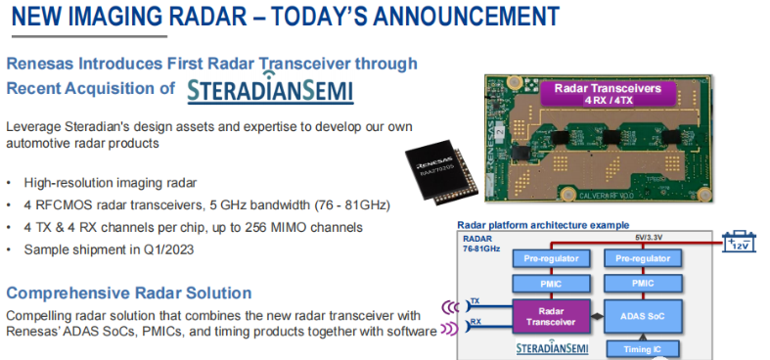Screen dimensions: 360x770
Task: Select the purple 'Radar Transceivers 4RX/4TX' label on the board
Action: pos(608,95)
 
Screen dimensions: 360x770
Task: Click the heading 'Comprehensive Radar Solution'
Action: pos(129,292)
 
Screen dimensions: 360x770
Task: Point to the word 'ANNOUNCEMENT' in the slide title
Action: pos(450,17)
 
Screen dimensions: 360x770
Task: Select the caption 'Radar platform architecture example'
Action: pos(541,224)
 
